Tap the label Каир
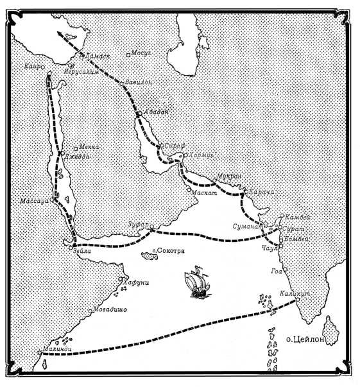[31, 66]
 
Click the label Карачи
[261, 192]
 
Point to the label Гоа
[277, 270]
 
